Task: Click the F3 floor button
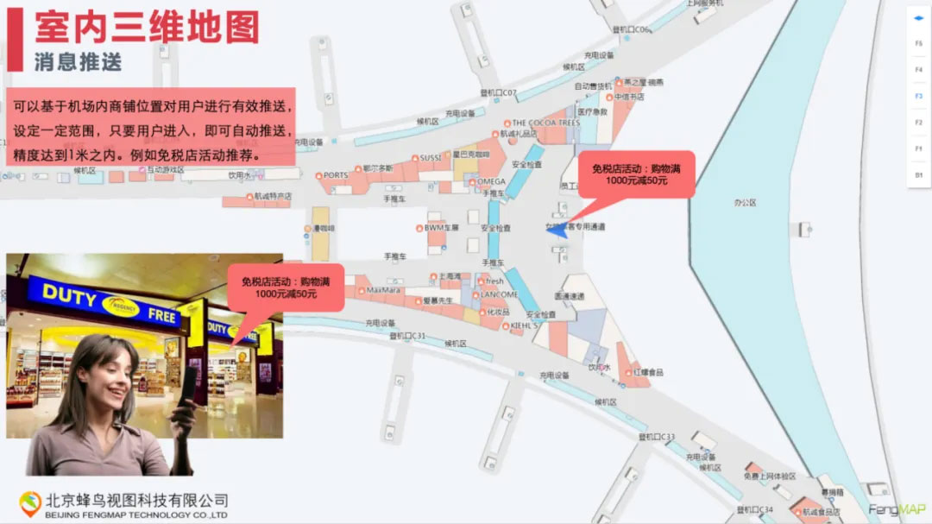tap(919, 96)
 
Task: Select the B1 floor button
tap(919, 175)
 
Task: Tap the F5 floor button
tap(919, 43)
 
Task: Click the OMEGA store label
tap(491, 181)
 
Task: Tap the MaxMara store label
tap(384, 290)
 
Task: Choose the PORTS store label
tap(335, 175)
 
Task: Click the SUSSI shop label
tap(430, 158)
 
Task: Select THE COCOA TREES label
tap(545, 123)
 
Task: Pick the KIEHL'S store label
tap(523, 325)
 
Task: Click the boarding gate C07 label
tap(498, 92)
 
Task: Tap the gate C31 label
tap(407, 335)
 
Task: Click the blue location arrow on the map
tap(556, 229)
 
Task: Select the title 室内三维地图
tap(147, 28)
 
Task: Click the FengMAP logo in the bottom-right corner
tap(897, 509)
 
